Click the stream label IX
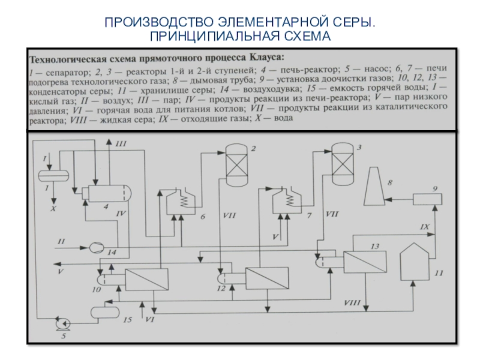[424, 227]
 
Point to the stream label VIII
[352, 304]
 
